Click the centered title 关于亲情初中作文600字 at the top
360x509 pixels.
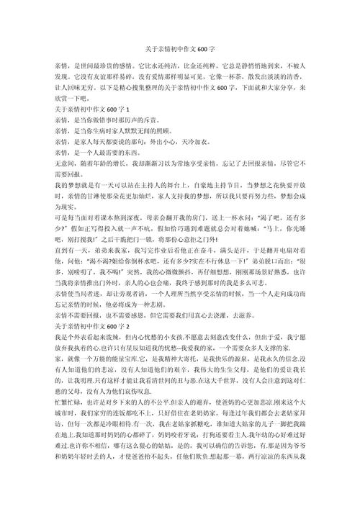(180, 52)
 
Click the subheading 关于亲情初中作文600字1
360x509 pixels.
(91, 108)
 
